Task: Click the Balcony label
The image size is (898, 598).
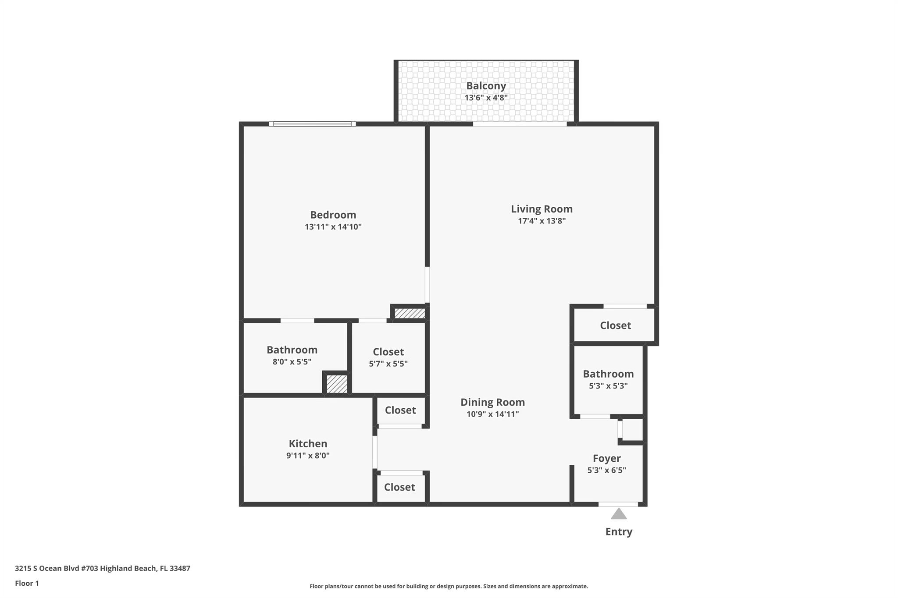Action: tap(486, 86)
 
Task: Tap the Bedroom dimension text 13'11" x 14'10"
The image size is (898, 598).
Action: tap(333, 227)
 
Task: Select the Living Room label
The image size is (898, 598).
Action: tap(542, 209)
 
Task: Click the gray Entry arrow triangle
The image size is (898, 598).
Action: tap(619, 514)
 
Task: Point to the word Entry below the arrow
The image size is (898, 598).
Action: tap(619, 532)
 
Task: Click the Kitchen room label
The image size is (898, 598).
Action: tap(308, 443)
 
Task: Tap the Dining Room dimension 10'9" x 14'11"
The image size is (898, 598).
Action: tap(492, 414)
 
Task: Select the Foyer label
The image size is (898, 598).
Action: tap(606, 458)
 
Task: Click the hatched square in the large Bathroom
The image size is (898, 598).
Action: tap(337, 384)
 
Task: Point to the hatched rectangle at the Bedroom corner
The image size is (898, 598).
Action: tap(410, 313)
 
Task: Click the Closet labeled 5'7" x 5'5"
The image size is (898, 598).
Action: tap(388, 352)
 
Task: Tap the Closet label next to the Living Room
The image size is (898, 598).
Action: tap(615, 326)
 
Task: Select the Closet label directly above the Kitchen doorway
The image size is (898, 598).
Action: tap(400, 410)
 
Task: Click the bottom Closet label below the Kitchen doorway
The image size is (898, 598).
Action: tap(399, 487)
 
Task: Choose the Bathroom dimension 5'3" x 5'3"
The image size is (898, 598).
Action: tap(608, 386)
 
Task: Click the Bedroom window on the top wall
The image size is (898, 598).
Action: tap(312, 124)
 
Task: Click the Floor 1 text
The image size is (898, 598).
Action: tap(27, 583)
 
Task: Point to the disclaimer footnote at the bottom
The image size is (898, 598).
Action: tap(449, 586)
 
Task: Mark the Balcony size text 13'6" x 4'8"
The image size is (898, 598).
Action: tap(486, 98)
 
